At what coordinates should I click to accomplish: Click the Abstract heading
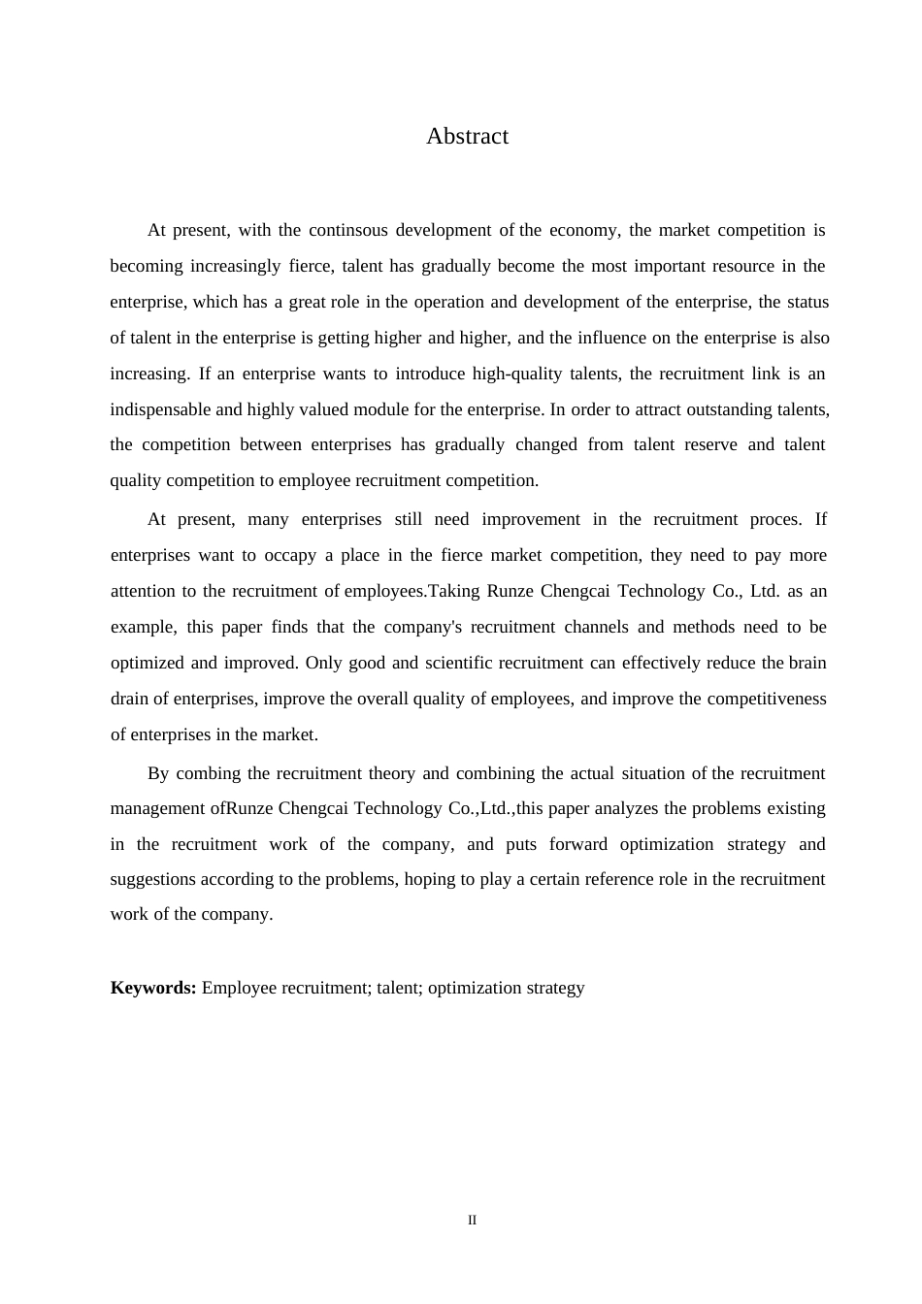467,136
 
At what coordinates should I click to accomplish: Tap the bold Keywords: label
153,988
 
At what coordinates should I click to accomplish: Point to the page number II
473,1220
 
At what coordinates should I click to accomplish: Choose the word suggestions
153,879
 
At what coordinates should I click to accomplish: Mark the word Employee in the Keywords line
239,988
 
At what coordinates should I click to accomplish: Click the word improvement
531,519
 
